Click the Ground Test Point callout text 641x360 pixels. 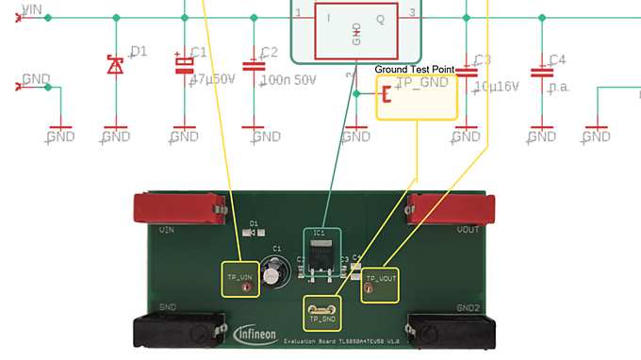pyautogui.click(x=415, y=70)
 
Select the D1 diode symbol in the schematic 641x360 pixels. pyautogui.click(x=116, y=65)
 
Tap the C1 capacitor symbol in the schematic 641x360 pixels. pyautogui.click(x=185, y=64)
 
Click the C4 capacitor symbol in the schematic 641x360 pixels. pyautogui.click(x=541, y=71)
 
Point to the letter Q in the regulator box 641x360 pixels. pyautogui.click(x=381, y=18)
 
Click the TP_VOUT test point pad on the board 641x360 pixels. pyautogui.click(x=369, y=289)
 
